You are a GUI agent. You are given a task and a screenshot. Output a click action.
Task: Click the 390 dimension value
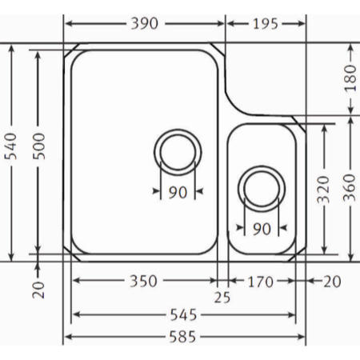pyautogui.click(x=145, y=23)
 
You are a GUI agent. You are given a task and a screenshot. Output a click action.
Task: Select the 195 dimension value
pyautogui.click(x=266, y=24)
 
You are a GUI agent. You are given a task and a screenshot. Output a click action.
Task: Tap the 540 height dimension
pyautogui.click(x=11, y=146)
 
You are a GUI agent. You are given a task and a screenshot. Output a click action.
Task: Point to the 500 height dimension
pyautogui.click(x=39, y=146)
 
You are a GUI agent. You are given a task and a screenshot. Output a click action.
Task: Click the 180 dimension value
pyautogui.click(x=350, y=78)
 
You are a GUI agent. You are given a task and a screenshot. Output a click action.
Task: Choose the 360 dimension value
pyautogui.click(x=350, y=187)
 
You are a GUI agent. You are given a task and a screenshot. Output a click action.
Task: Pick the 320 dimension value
pyautogui.click(x=324, y=190)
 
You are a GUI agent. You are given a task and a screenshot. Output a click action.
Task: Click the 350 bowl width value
pyautogui.click(x=143, y=281)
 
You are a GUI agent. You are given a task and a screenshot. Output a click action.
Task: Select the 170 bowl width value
pyautogui.click(x=261, y=282)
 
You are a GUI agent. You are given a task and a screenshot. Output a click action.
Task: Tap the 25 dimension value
pyautogui.click(x=222, y=298)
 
